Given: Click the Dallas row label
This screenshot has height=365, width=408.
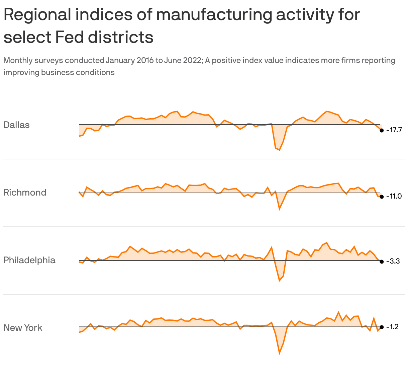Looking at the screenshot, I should tap(16, 125).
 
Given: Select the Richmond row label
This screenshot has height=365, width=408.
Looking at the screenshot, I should tap(25, 193).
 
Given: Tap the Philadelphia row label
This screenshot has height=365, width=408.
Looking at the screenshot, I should tap(29, 260).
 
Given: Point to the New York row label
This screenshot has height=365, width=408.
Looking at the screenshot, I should tap(23, 328).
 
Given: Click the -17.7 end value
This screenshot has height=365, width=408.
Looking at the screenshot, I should tap(394, 130).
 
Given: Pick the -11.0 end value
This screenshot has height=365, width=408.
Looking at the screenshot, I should tap(394, 196).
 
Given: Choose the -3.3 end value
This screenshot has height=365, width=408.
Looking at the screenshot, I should tap(393, 261).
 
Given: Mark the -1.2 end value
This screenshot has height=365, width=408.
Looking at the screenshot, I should tap(392, 327).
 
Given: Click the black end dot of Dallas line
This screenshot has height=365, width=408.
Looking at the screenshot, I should tap(382, 131).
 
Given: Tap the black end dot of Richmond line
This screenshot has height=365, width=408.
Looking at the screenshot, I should tap(382, 197).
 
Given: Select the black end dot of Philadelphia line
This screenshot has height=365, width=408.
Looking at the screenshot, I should tap(382, 262).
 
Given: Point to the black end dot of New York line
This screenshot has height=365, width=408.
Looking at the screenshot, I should tap(382, 327).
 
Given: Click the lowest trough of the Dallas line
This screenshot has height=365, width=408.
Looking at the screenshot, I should tap(279, 150).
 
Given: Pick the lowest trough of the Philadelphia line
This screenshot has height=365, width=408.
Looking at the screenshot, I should tap(279, 280).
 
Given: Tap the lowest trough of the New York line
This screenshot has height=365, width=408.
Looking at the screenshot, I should tap(279, 353).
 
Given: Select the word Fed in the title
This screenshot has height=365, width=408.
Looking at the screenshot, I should tap(69, 37).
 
